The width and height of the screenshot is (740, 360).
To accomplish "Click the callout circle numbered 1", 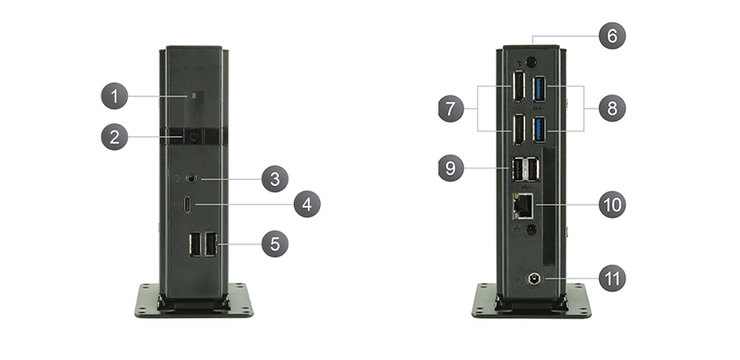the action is tap(114, 96).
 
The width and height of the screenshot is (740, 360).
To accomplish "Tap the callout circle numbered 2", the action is tap(114, 138).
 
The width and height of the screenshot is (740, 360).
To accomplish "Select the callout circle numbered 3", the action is tap(274, 179).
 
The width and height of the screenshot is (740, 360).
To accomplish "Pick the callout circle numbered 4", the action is tap(307, 205).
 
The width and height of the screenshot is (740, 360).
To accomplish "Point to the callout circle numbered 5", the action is tap(274, 244).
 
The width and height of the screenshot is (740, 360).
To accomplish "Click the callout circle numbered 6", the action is tap(612, 36).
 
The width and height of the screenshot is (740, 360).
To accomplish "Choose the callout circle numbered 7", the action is tap(451, 109).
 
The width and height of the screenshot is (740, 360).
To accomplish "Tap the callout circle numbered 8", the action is tap(612, 108).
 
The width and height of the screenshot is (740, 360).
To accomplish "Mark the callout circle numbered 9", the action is tap(451, 168).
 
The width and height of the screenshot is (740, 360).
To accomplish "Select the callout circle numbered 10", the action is tap(612, 205).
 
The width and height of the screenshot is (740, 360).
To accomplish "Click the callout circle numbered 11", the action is tap(612, 278).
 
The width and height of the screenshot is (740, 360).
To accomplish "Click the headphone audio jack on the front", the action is tap(191, 178).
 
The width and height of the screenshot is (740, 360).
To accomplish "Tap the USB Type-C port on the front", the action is tap(188, 206).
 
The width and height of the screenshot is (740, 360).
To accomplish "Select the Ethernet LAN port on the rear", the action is tap(523, 206).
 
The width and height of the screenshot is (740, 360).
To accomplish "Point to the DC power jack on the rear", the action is tap(534, 279).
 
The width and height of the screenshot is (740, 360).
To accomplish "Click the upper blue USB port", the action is tap(540, 89).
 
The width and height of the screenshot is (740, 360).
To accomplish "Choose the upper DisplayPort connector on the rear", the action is tap(519, 86).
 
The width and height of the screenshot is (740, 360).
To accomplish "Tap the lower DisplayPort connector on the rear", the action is tap(519, 131).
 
